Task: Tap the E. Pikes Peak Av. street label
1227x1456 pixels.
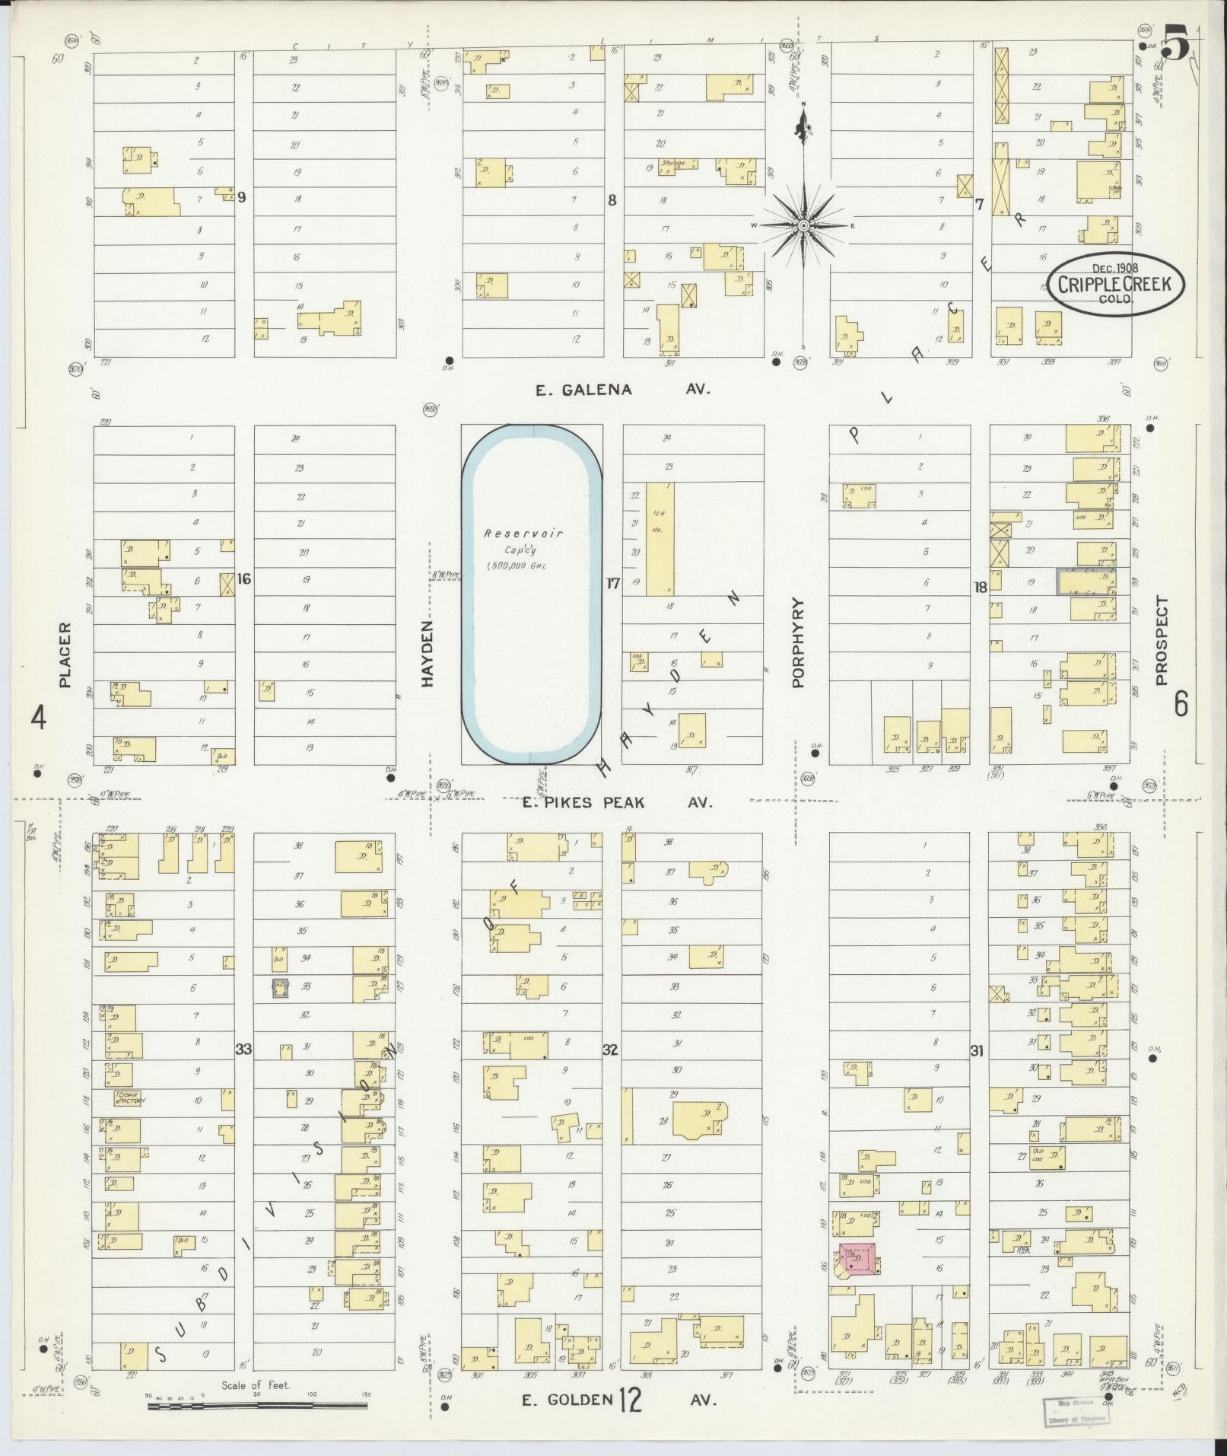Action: click(617, 802)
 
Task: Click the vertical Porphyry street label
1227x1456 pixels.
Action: click(798, 642)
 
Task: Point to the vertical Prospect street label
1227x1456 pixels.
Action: click(1161, 641)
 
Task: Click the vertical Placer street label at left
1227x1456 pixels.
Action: click(65, 655)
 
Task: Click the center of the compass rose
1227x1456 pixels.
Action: click(803, 226)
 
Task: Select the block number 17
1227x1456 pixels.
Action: click(612, 584)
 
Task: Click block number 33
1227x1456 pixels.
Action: click(243, 1050)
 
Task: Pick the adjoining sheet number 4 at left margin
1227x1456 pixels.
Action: click(38, 717)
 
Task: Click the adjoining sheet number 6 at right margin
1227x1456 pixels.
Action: click(1180, 704)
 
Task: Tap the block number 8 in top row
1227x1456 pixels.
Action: click(610, 200)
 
